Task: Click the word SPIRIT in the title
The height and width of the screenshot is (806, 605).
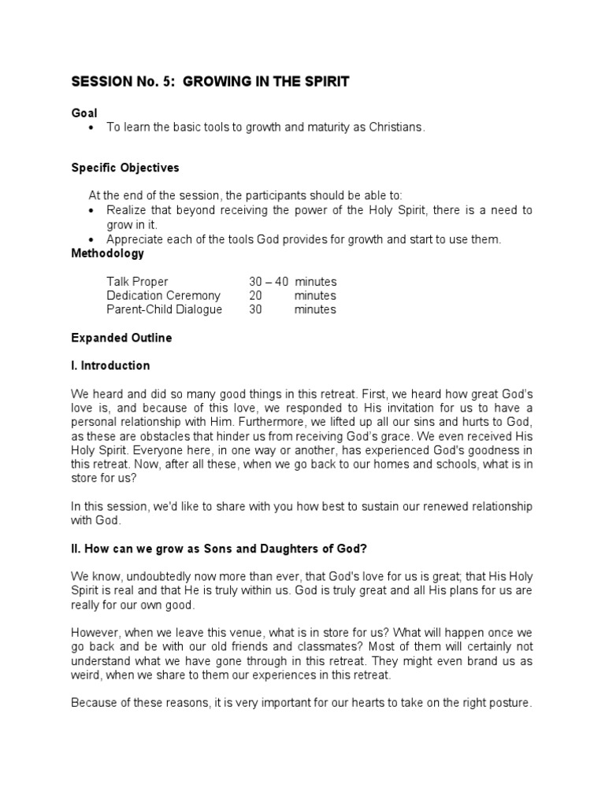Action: tap(322, 82)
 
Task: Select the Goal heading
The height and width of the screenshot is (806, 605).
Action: tap(84, 113)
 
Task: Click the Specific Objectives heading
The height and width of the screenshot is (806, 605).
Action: tap(125, 168)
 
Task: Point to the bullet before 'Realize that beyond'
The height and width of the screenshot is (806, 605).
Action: tap(93, 211)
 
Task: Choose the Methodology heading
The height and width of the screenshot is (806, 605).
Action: tap(108, 253)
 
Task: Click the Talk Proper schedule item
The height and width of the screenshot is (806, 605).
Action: tap(138, 282)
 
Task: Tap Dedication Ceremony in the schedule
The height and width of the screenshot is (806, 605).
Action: tap(164, 296)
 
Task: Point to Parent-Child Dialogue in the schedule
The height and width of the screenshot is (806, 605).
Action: tap(165, 309)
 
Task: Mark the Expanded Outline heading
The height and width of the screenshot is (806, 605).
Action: tap(121, 338)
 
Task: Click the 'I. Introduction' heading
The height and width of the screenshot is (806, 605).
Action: tap(110, 366)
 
